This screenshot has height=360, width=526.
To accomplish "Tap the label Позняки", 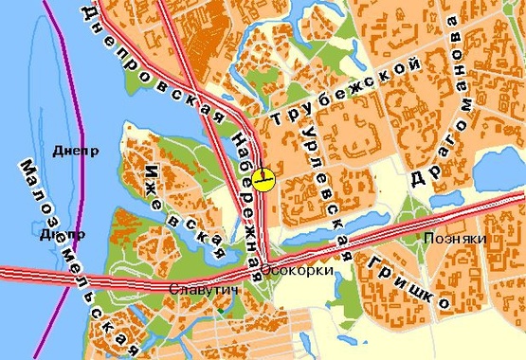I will [x=456, y=239].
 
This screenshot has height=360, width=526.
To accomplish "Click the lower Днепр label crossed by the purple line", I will [x=63, y=234].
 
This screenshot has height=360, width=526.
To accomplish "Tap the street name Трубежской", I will [x=343, y=92].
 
